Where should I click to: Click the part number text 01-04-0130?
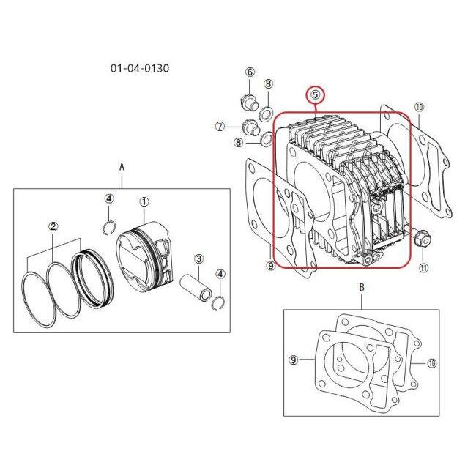click(x=140, y=68)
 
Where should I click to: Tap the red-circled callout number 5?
click(x=316, y=94)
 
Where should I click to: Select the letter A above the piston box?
click(x=122, y=167)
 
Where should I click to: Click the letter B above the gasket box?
click(x=362, y=287)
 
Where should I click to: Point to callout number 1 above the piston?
click(x=144, y=201)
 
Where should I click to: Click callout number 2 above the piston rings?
click(x=53, y=226)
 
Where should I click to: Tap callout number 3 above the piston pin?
click(x=198, y=259)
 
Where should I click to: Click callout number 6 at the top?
click(x=250, y=72)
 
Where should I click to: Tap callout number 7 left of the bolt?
click(x=220, y=126)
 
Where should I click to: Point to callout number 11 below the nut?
click(x=423, y=267)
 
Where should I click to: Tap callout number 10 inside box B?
click(x=431, y=363)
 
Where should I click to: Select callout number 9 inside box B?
click(x=293, y=360)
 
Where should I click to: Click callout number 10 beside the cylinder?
click(x=419, y=107)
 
